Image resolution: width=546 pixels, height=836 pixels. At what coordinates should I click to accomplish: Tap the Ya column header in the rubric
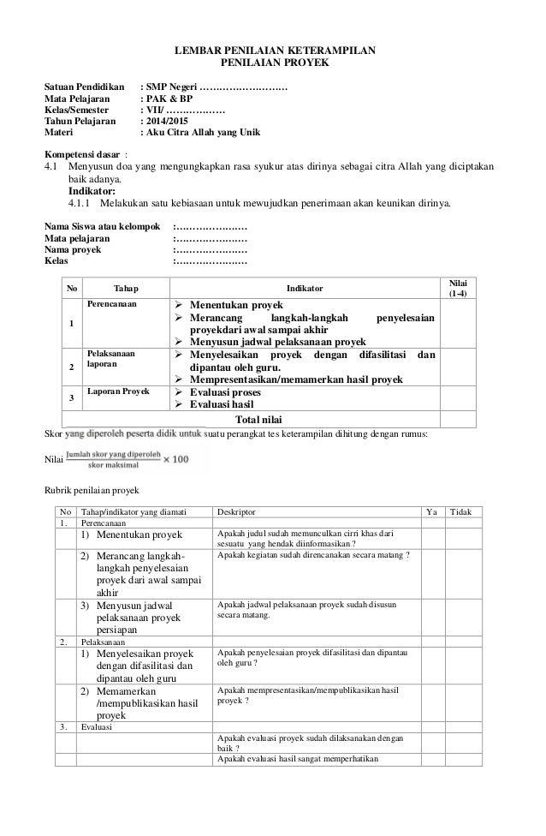pyautogui.click(x=430, y=512)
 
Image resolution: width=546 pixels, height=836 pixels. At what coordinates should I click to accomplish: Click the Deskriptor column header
pyautogui.click(x=236, y=512)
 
